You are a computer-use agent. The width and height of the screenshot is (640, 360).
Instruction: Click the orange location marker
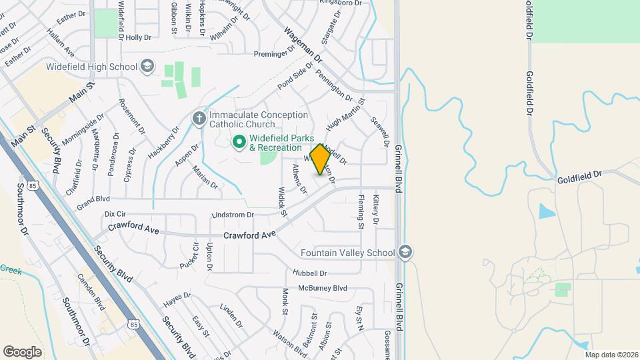pos(320,159)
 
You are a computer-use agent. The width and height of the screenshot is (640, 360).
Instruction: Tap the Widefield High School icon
pos(147,67)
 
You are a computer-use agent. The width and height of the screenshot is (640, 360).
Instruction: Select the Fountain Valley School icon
pos(405,253)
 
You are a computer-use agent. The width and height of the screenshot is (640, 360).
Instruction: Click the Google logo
pos(22,351)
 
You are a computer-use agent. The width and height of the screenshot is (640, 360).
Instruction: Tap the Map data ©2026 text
pos(611,355)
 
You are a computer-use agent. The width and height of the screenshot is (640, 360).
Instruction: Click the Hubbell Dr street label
pos(309,273)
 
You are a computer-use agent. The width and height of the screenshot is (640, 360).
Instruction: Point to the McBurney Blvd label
pos(323,288)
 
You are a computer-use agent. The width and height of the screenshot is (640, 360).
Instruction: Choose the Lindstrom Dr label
pos(233,215)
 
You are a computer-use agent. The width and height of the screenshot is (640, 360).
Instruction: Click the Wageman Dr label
pos(303,45)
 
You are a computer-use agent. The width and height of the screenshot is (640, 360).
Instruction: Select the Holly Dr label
pos(139,38)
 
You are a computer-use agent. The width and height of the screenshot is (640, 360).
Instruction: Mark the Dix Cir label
pos(115,214)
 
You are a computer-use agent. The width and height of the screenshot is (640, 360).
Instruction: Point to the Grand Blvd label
pos(93,199)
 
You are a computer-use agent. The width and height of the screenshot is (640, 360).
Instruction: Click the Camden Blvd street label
pos(91,292)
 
